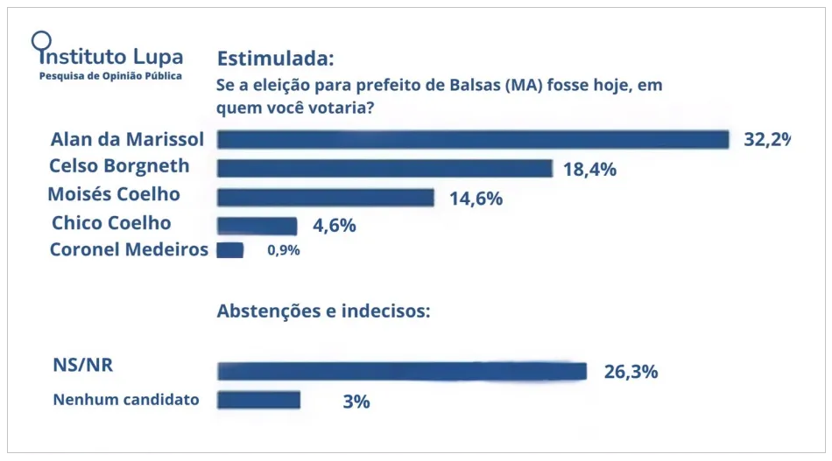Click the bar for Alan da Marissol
pyautogui.click(x=473, y=140)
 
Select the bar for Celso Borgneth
pyautogui.click(x=384, y=169)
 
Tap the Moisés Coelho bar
pyautogui.click(x=326, y=198)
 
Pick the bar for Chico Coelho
pyautogui.click(x=257, y=226)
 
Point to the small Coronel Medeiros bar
pyautogui.click(x=230, y=250)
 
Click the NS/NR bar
pyautogui.click(x=402, y=371)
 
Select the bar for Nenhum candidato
pyautogui.click(x=259, y=401)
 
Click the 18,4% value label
pyautogui.click(x=589, y=170)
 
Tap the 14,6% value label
pyautogui.click(x=476, y=199)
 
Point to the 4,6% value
pyautogui.click(x=334, y=226)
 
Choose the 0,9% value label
pyautogui.click(x=284, y=251)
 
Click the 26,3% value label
pyautogui.click(x=631, y=372)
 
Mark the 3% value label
pyautogui.click(x=356, y=402)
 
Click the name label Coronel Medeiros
pyautogui.click(x=129, y=250)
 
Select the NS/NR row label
pyautogui.click(x=83, y=365)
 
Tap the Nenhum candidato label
pyautogui.click(x=126, y=400)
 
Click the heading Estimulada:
pyautogui.click(x=275, y=59)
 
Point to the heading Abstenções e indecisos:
pyautogui.click(x=323, y=311)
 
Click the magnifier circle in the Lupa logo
pyautogui.click(x=40, y=39)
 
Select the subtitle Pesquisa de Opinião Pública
pyautogui.click(x=111, y=77)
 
